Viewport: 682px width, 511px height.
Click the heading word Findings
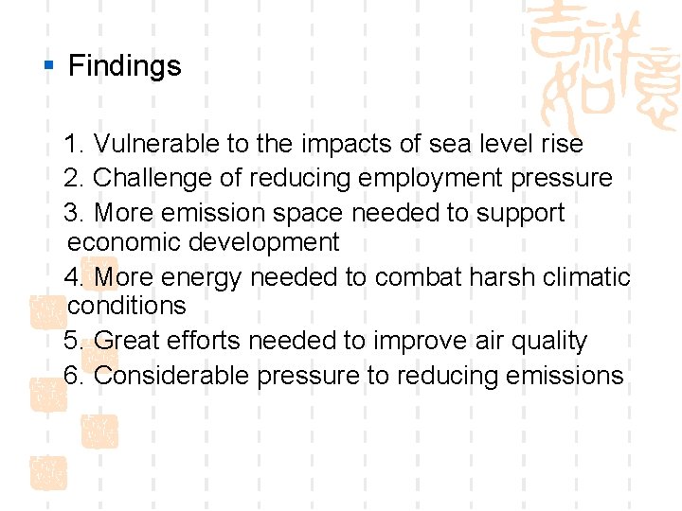pos(124,66)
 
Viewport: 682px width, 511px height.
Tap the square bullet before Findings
pos(49,66)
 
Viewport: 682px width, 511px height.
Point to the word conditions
pos(127,306)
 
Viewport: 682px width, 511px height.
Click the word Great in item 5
pos(127,341)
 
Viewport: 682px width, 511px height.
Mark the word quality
pos(548,342)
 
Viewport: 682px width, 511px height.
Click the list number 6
pos(72,376)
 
